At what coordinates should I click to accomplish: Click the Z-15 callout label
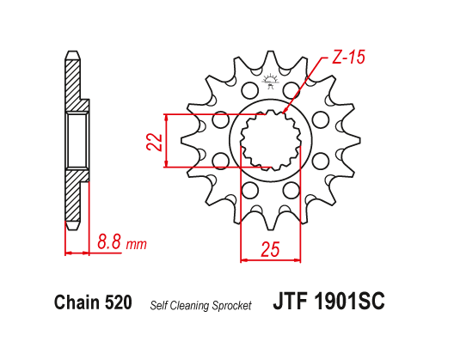347,59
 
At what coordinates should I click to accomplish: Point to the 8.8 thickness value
109,242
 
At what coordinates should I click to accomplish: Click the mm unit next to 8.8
136,244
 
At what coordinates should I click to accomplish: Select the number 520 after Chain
117,302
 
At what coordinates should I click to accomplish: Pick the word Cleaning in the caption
190,305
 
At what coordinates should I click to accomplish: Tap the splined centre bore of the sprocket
270,140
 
